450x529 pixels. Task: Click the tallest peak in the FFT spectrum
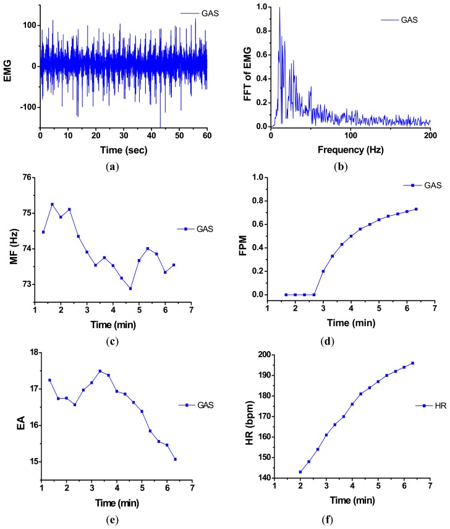[279, 8]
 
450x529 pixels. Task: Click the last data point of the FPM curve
[416, 209]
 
